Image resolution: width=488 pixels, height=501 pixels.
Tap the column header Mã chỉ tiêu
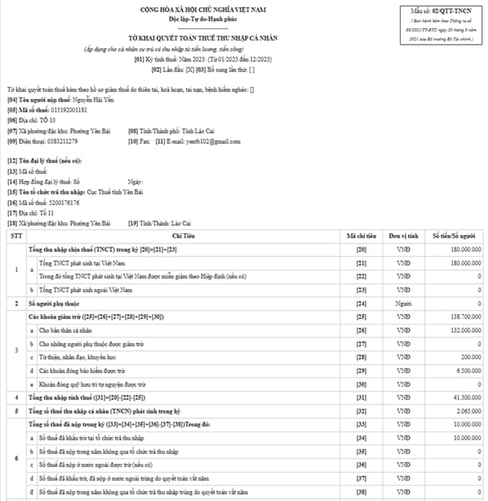(x=362, y=235)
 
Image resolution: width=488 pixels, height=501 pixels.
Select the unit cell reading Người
(x=403, y=302)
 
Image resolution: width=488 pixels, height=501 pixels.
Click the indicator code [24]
(x=362, y=302)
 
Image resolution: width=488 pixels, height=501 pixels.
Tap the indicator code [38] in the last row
(x=362, y=493)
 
